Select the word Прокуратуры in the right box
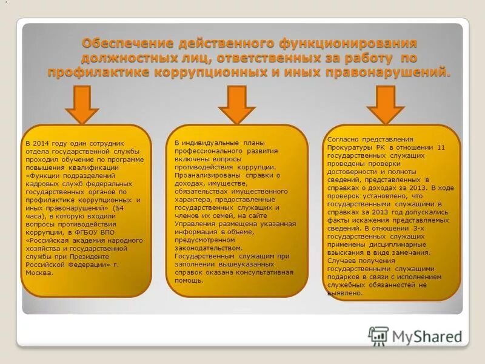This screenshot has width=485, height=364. (352, 147)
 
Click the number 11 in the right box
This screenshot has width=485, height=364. (441, 147)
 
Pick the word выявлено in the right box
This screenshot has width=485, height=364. (345, 293)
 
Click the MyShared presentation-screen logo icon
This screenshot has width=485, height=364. (379, 335)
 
